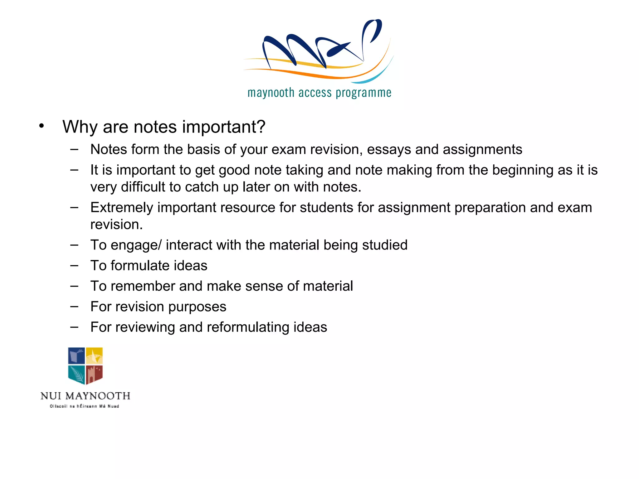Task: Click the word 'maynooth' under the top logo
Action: pyautogui.click(x=271, y=93)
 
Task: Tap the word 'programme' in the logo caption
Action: pyautogui.click(x=363, y=93)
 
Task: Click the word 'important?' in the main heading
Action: pyautogui.click(x=224, y=127)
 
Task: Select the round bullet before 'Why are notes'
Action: pyautogui.click(x=41, y=126)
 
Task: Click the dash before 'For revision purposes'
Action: pyautogui.click(x=74, y=307)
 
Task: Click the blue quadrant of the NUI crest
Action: pyautogui.click(x=76, y=356)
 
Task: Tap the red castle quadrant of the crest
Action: pyautogui.click(x=94, y=374)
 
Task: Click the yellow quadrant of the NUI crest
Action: pyautogui.click(x=94, y=356)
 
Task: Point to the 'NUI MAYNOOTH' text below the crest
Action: pyautogui.click(x=85, y=396)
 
